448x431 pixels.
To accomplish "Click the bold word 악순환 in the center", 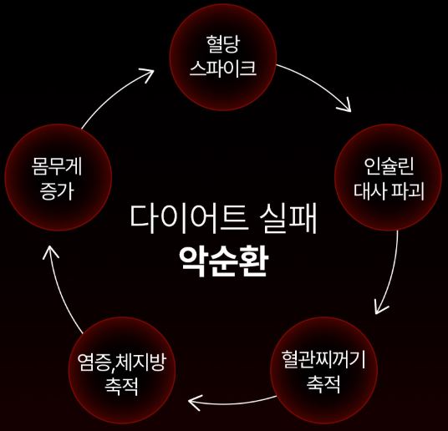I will tap(223, 261).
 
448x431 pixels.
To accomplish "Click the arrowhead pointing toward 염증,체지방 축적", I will tap(195, 402).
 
